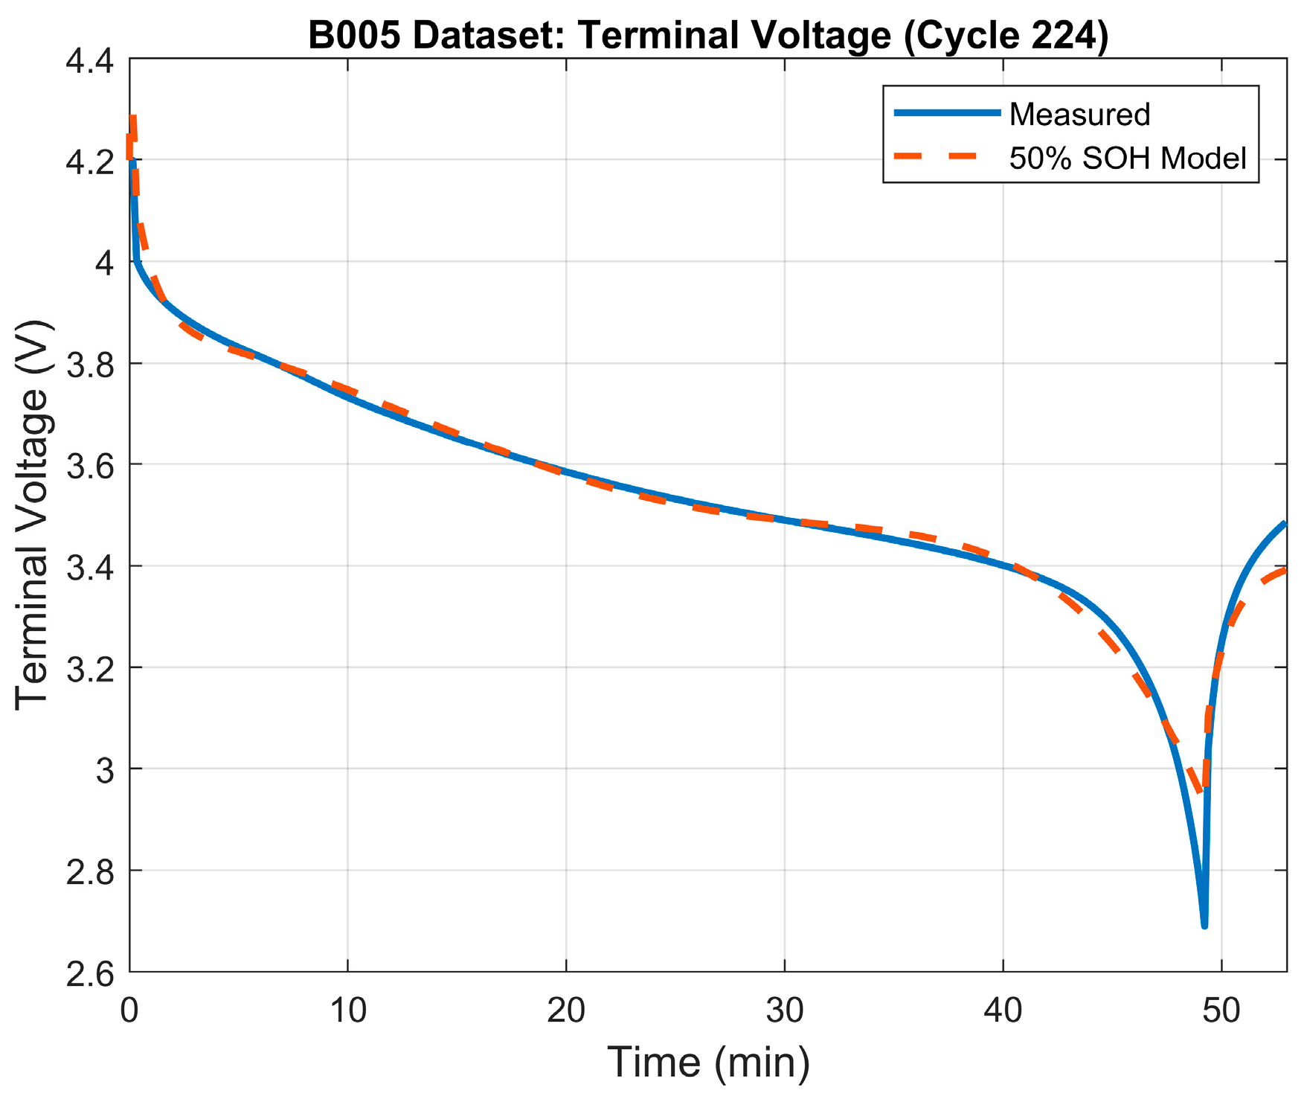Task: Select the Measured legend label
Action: pos(1079,114)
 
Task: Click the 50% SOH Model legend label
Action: pos(1127,158)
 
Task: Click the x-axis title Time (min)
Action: pos(708,1062)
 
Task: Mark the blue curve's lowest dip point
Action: pos(1204,925)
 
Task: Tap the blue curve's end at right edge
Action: pos(1284,525)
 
